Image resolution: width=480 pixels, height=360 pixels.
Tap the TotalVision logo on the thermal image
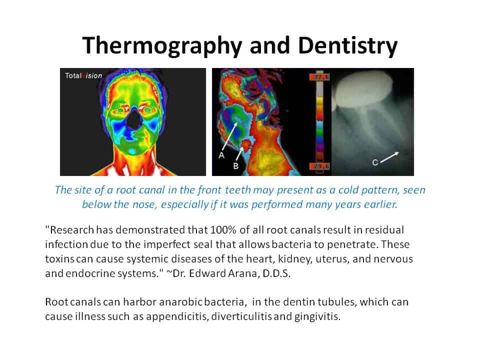tap(83, 76)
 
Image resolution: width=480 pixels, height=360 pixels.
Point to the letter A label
tap(221, 155)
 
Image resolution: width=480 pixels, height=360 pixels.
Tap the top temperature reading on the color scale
tap(317, 78)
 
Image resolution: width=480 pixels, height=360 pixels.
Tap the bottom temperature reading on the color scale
tap(317, 166)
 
